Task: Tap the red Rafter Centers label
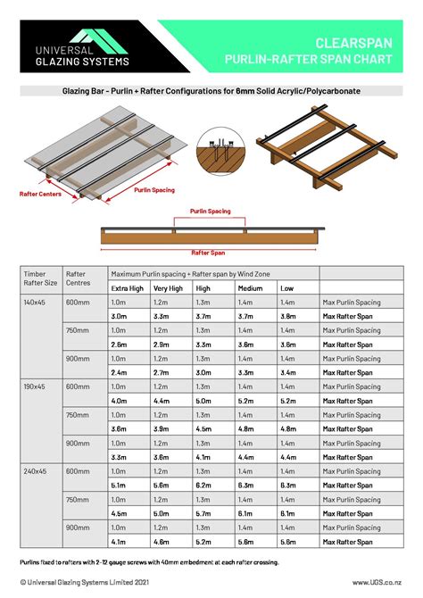(40, 193)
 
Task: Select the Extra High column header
(128, 288)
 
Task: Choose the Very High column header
(168, 288)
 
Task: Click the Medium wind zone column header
(251, 288)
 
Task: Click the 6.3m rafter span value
(288, 485)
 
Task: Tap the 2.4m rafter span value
(119, 371)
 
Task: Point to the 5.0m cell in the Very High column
(162, 512)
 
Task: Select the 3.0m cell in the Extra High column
(119, 315)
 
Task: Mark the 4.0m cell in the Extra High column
(119, 400)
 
